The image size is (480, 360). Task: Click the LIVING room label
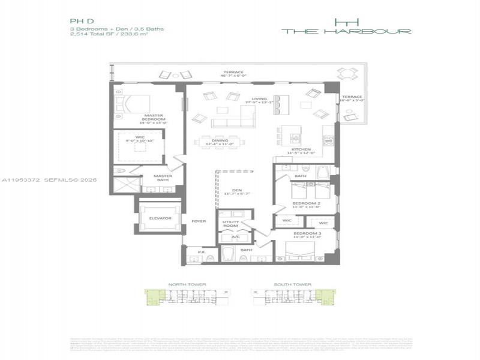pos(259,99)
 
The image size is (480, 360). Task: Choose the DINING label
pos(218,140)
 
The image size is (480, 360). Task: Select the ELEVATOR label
pos(160,218)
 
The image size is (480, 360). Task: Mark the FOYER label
pos(199,221)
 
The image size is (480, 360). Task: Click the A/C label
pos(235,237)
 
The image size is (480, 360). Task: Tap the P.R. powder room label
pos(200,253)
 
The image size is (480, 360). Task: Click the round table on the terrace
pos(347,74)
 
